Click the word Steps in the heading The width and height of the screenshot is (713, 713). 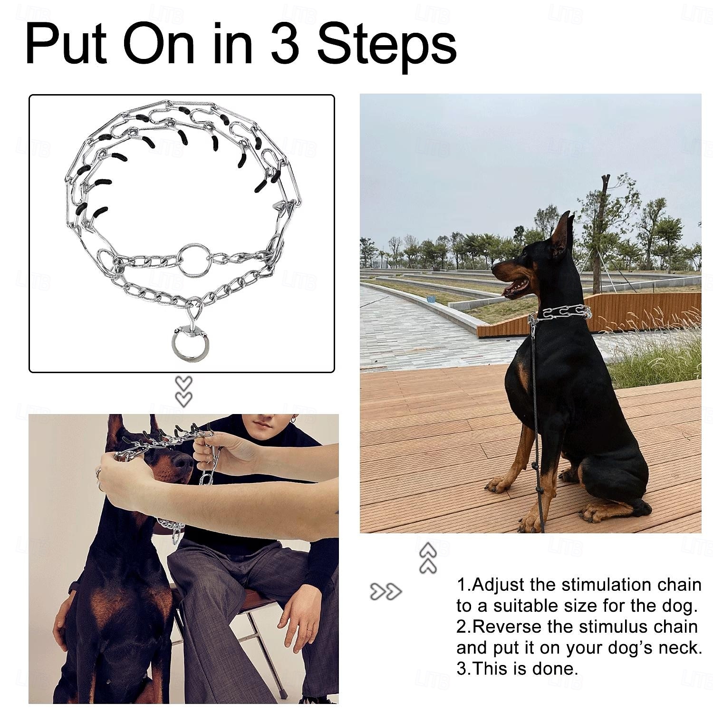[387, 44]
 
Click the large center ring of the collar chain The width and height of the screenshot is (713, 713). [195, 260]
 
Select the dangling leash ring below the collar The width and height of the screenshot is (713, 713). [190, 342]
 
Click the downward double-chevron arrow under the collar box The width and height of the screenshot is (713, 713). [183, 391]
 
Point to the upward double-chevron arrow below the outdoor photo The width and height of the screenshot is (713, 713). [428, 558]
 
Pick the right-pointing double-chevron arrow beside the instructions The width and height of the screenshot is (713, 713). [385, 592]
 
